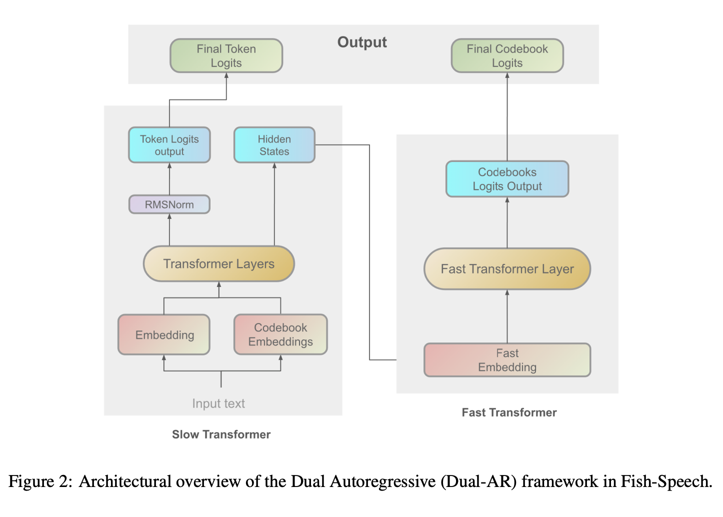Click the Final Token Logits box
click(226, 55)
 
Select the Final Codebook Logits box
click(507, 55)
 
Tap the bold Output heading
click(362, 42)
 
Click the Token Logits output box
click(169, 145)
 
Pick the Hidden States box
click(274, 145)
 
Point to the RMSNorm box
click(169, 204)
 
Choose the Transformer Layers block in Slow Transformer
click(219, 263)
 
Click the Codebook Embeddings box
click(280, 334)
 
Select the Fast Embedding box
click(507, 360)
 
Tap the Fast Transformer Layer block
click(507, 269)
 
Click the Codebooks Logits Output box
click(507, 179)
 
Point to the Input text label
click(218, 403)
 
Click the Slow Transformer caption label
click(221, 434)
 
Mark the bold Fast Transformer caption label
click(509, 412)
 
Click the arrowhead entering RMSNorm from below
click(169, 216)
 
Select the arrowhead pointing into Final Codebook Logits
click(507, 75)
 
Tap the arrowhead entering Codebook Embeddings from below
click(280, 357)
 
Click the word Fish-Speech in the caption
click(666, 481)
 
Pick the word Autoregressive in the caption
click(382, 481)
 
